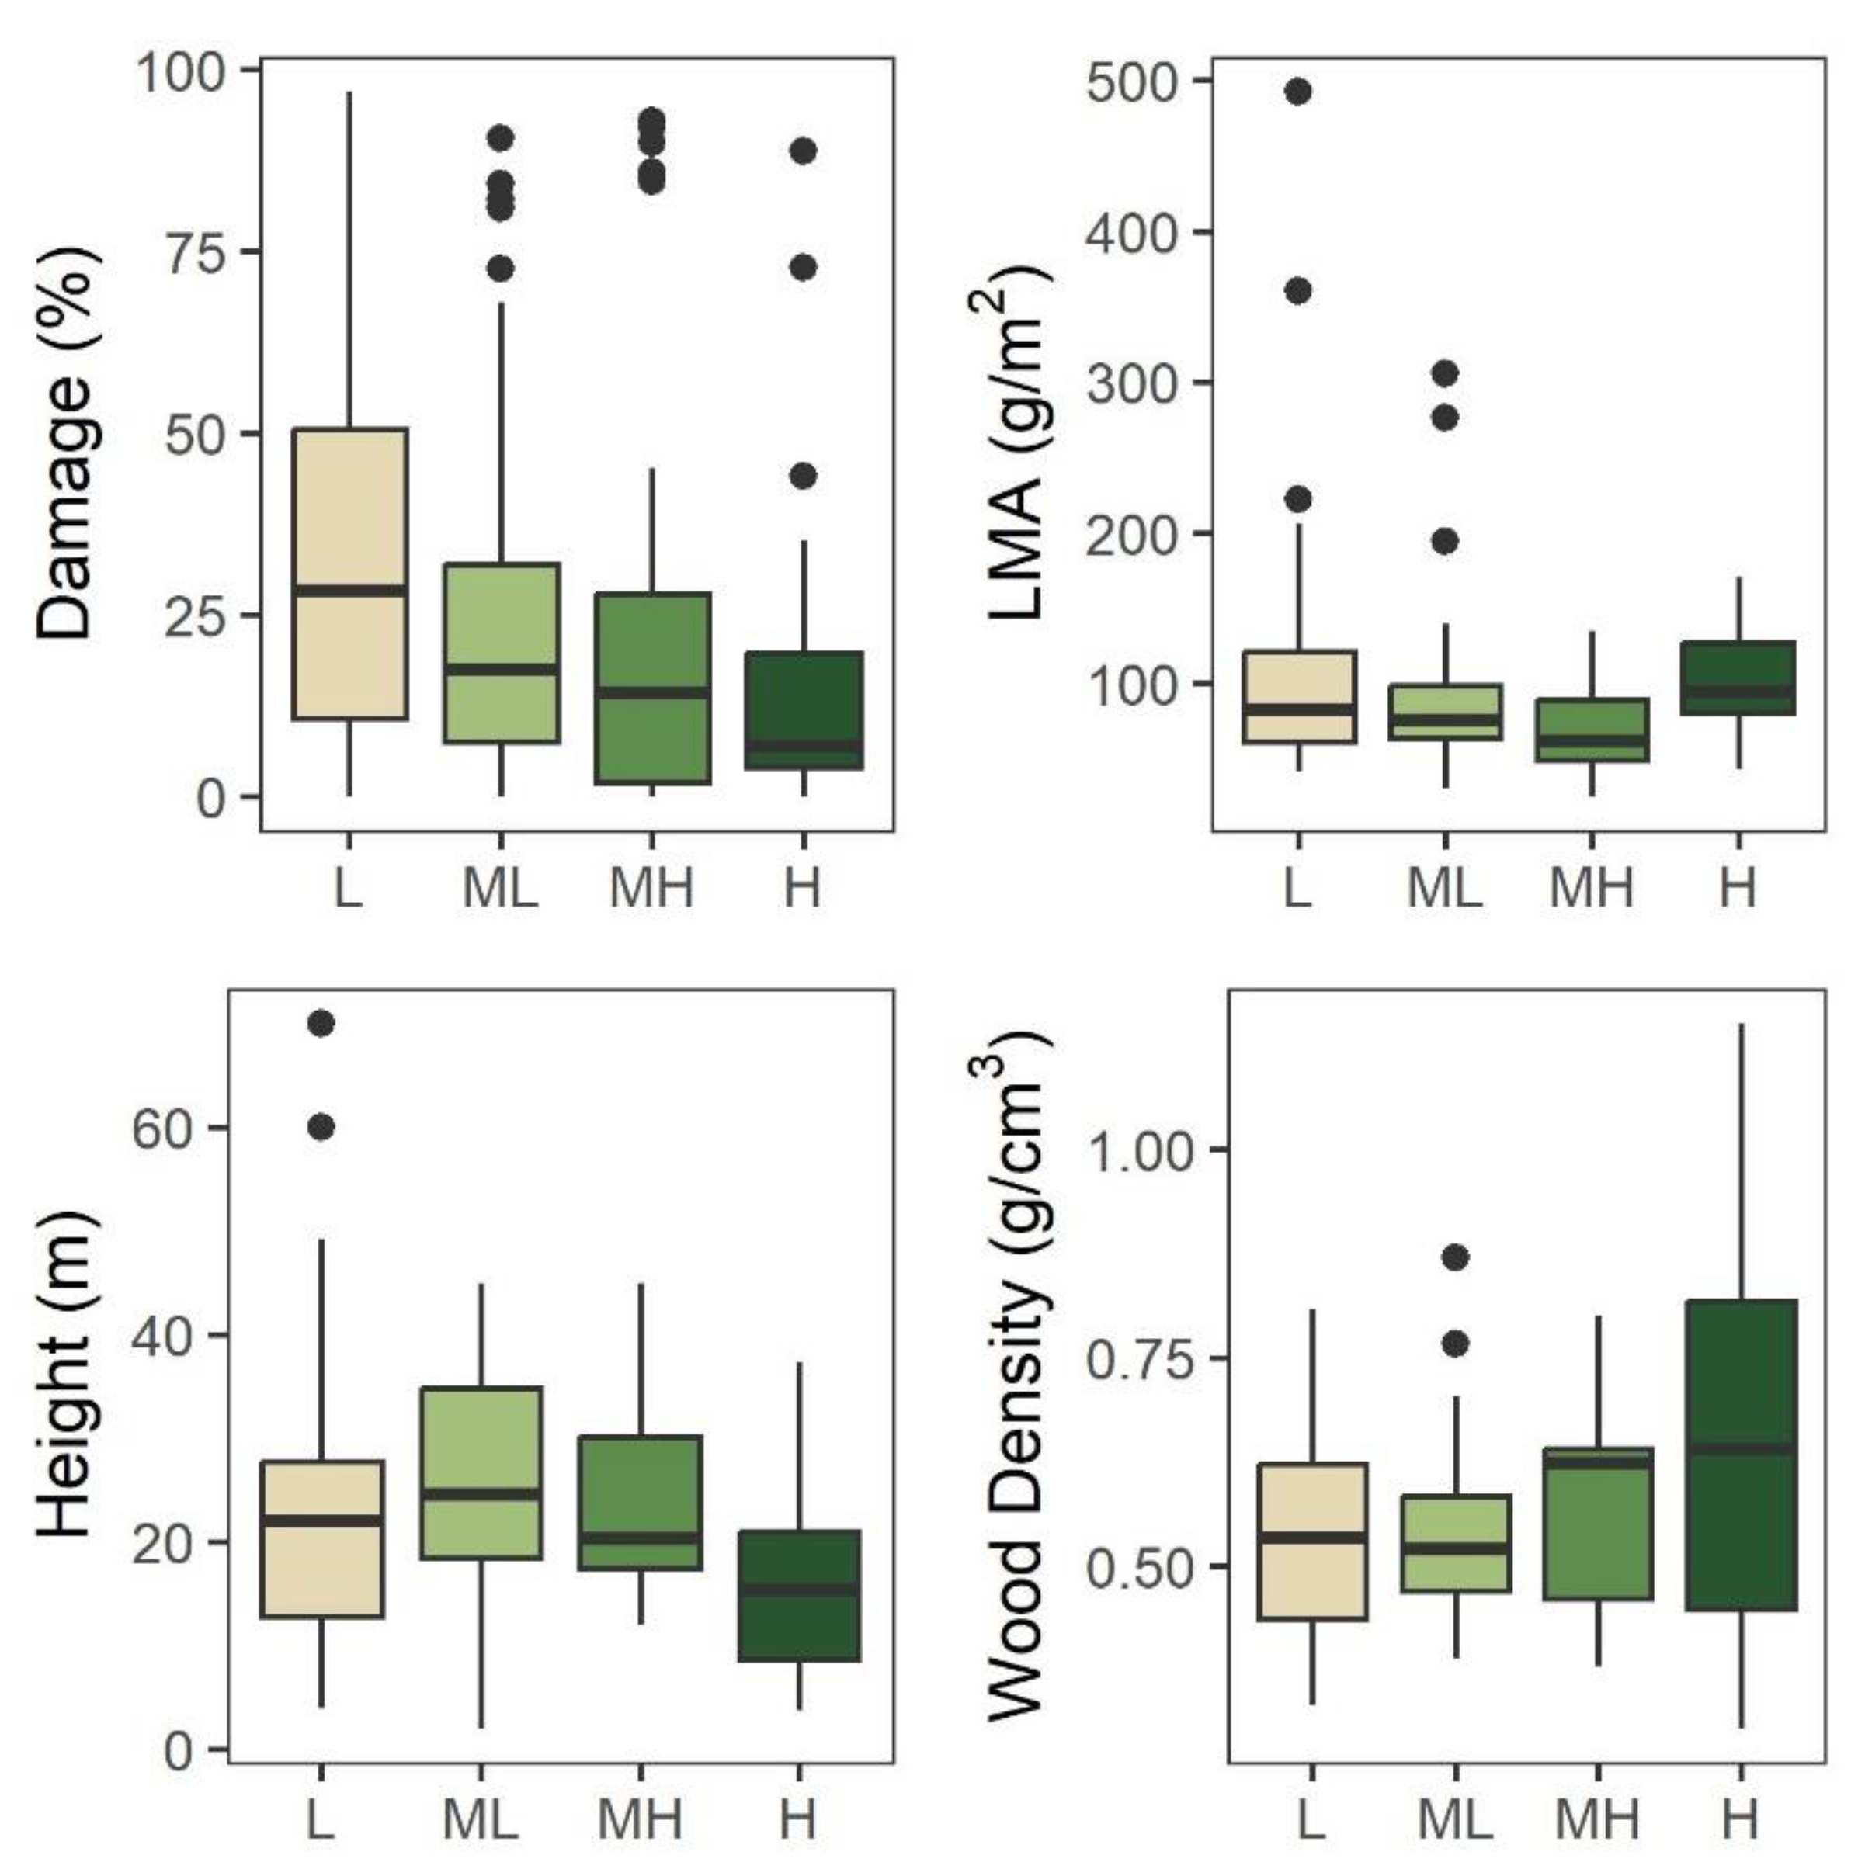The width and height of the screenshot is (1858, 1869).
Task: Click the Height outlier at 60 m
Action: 321,1127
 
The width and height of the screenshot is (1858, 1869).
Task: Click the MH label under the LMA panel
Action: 1591,887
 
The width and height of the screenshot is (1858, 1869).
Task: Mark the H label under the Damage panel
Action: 802,887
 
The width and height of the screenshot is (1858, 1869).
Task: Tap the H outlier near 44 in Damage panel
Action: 803,476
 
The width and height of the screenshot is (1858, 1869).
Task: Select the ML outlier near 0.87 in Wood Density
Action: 1456,1257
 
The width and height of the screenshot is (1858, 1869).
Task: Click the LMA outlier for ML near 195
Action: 1445,542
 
